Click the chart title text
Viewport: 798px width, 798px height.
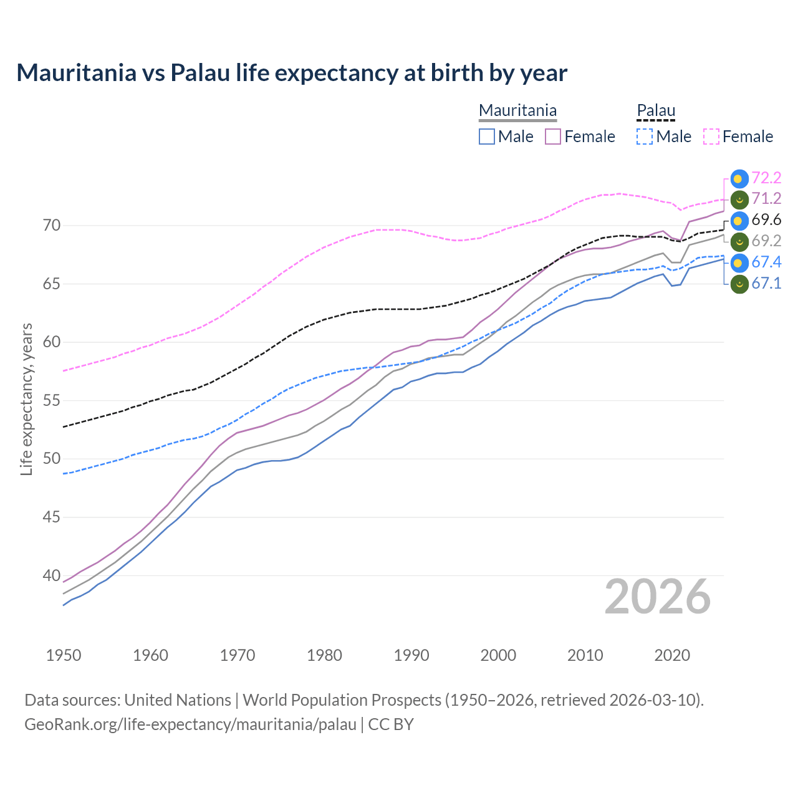[292, 73]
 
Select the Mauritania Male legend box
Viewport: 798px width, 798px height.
[487, 137]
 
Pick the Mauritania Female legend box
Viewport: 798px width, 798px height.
[553, 137]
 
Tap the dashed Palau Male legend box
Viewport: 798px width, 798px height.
[645, 137]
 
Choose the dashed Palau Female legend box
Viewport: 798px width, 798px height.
[711, 137]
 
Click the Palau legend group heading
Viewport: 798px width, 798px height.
[656, 111]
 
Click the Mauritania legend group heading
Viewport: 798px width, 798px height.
[517, 111]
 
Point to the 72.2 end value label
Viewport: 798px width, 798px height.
[766, 178]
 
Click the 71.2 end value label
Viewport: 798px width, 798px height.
[766, 199]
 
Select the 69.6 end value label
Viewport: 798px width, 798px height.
[766, 220]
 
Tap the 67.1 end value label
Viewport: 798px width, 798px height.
[766, 284]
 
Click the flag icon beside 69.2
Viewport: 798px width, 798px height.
[739, 241]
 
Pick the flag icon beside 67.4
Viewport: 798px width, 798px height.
[739, 262]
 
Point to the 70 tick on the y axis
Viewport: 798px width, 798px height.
[52, 225]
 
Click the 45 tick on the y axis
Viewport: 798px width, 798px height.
[52, 517]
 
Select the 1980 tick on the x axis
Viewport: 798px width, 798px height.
[324, 655]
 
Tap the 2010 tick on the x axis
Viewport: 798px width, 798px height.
[585, 655]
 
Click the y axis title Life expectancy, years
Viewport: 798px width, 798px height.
[26, 399]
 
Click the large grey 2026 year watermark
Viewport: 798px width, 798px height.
[658, 597]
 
